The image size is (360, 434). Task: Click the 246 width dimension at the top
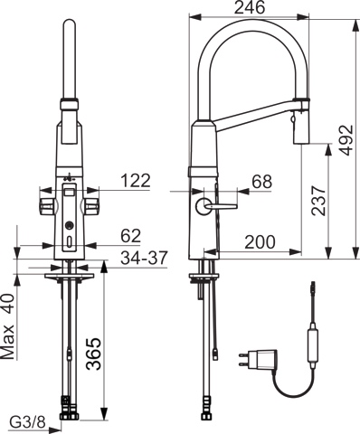point(250,7)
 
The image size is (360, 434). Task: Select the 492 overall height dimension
point(346,140)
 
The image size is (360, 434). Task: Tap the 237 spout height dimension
point(318,201)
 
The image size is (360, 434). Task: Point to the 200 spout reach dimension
point(260,241)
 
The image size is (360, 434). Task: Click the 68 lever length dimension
point(262,182)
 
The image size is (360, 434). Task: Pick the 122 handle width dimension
point(136,181)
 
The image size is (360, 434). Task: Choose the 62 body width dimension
point(131,236)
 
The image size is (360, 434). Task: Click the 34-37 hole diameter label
point(144,258)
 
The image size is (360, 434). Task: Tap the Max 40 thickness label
point(8,326)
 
